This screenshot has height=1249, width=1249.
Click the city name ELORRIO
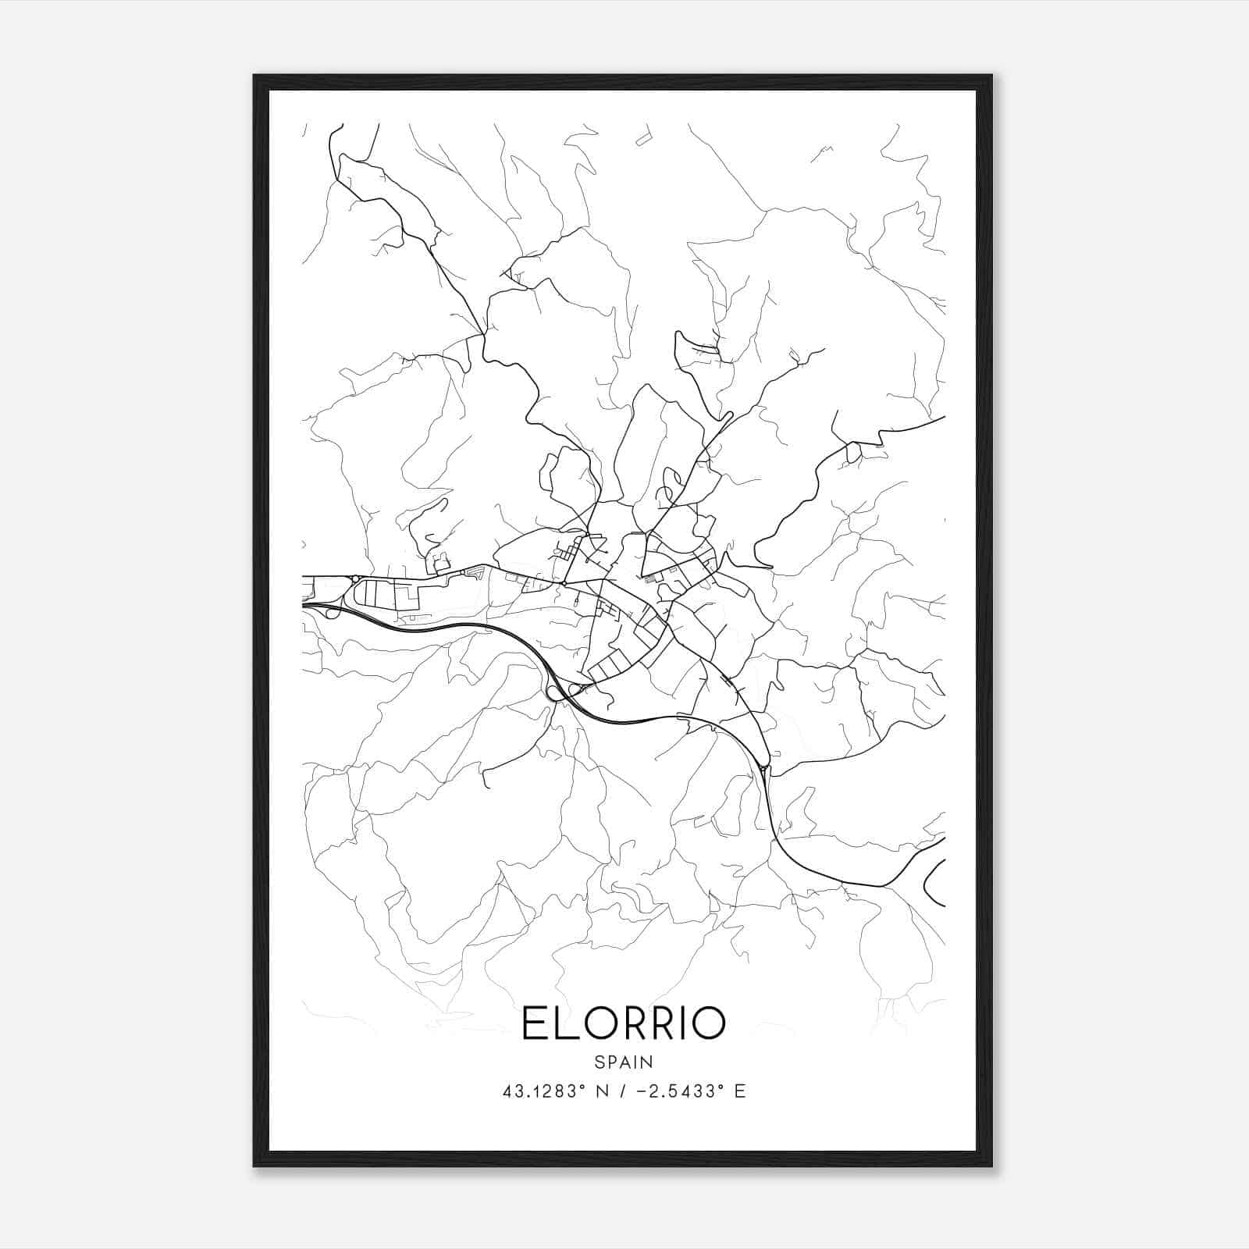[624, 1023]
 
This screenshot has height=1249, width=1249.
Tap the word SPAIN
[624, 1062]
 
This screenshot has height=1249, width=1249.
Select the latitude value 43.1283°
[544, 1091]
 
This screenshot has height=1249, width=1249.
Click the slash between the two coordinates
[623, 1091]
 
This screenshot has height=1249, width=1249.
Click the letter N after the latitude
[600, 1091]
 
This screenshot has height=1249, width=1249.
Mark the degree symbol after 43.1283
[580, 1087]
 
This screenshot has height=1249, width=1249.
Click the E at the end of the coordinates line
[739, 1091]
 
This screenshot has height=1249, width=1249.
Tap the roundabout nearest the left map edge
[355, 578]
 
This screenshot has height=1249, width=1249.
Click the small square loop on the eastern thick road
[853, 451]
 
